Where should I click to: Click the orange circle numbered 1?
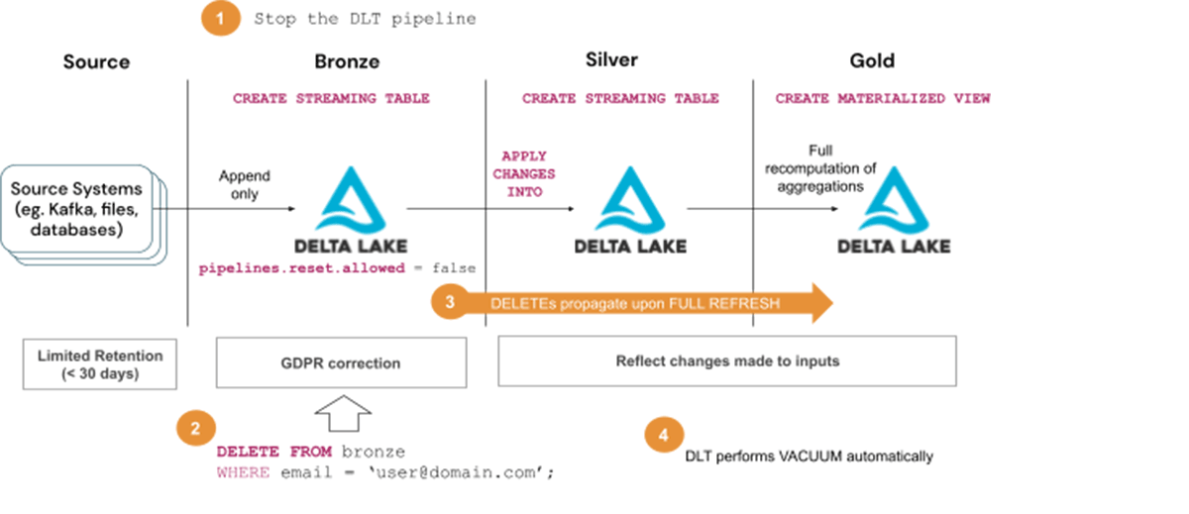[x=222, y=19]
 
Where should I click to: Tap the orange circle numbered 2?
[x=195, y=428]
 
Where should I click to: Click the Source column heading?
[x=96, y=61]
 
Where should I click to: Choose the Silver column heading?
[x=611, y=60]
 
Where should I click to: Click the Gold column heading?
[x=872, y=60]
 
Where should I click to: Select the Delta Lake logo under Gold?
[x=894, y=209]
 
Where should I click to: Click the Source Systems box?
[x=77, y=208]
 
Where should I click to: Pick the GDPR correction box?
[x=341, y=362]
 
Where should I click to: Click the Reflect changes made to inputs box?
[x=726, y=360]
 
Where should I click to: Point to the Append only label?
[x=245, y=185]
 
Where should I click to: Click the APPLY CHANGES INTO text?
[x=528, y=174]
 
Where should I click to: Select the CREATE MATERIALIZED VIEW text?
[x=882, y=99]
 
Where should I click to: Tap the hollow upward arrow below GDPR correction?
[x=342, y=412]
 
